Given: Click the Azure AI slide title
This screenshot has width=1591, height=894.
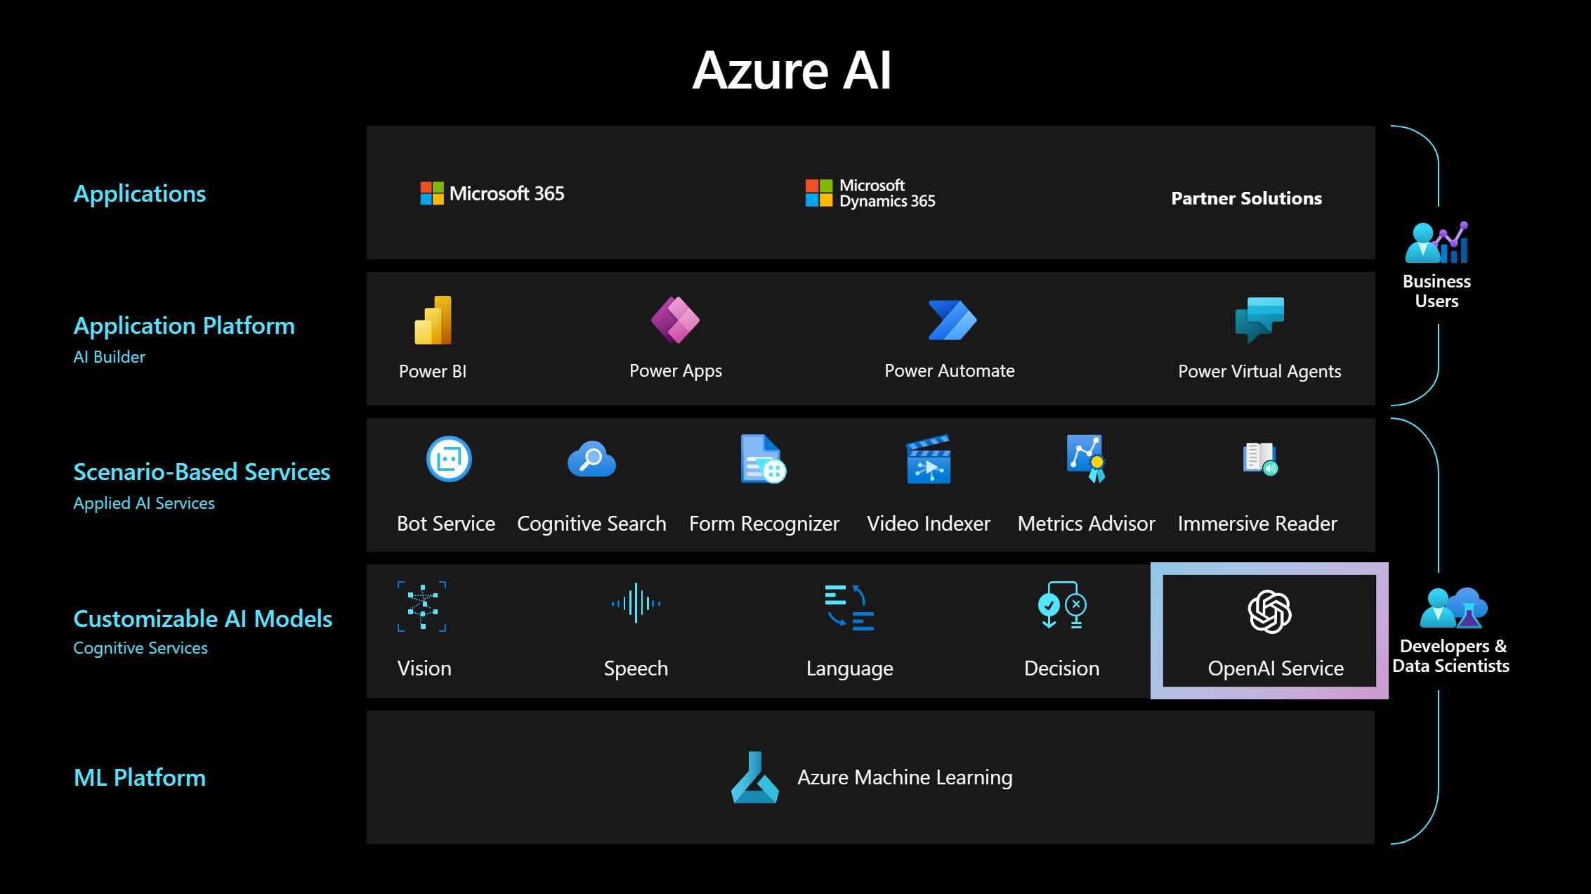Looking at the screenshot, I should (x=792, y=70).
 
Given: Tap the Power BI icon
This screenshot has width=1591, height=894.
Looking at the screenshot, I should (x=433, y=320).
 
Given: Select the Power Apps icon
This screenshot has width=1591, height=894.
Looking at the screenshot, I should (x=675, y=320).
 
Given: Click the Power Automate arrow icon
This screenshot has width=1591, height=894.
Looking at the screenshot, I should (x=952, y=320).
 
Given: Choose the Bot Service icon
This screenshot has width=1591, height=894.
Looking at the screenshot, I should (x=449, y=460).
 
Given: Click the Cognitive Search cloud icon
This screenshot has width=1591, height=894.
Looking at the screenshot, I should (x=591, y=460).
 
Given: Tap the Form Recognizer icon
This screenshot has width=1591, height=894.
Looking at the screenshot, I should (x=763, y=460).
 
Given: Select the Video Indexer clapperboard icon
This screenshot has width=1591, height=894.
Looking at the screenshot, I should (x=929, y=460).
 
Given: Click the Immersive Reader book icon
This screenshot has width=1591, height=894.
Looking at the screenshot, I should (x=1260, y=459).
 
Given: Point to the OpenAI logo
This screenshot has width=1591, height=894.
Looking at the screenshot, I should (x=1269, y=611).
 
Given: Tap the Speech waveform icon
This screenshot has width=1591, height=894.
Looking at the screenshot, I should (x=636, y=603).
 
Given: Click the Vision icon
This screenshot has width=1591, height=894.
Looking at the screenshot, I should (x=422, y=606).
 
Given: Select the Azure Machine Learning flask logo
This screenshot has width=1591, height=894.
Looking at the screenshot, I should (x=754, y=778).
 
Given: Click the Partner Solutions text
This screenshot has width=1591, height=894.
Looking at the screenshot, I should (x=1246, y=198).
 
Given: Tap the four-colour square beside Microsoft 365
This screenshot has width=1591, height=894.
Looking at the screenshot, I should (x=432, y=193).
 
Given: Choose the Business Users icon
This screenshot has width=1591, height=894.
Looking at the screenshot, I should (x=1436, y=242).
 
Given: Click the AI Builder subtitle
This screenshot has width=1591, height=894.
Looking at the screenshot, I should (x=110, y=357).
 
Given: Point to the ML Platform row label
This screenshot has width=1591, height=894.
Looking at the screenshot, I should (x=140, y=777).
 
